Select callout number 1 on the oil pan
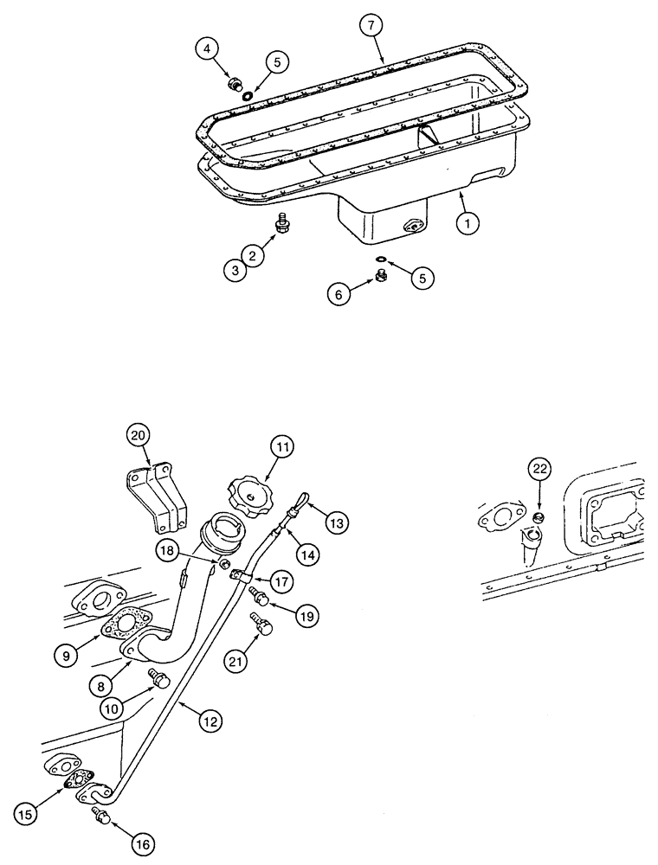pos(467,222)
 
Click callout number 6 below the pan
pos(340,295)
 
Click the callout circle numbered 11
pos(282,447)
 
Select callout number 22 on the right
pos(539,469)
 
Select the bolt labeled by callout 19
pos(258,595)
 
